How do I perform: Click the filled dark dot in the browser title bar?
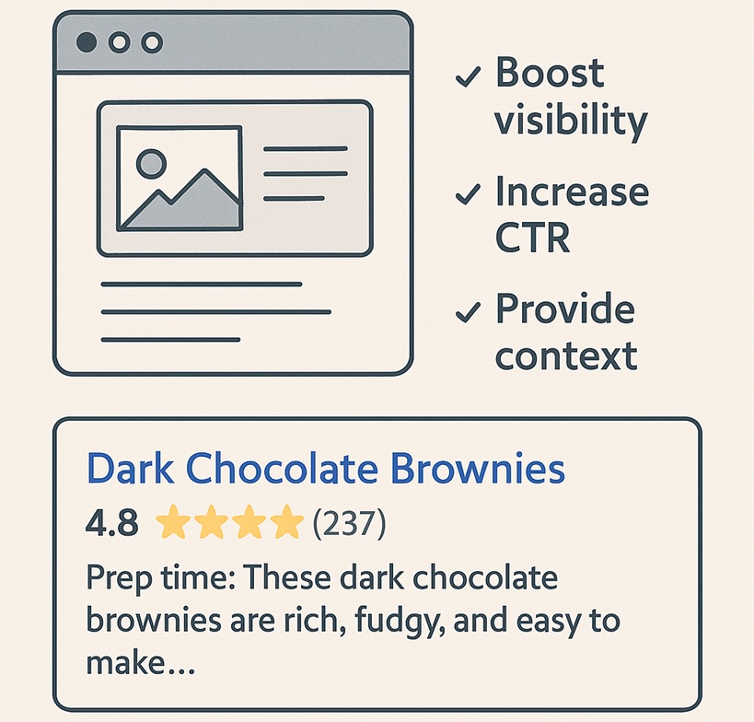pyautogui.click(x=87, y=42)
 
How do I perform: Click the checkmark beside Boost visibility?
pyautogui.click(x=468, y=77)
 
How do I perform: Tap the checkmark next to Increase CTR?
pyautogui.click(x=468, y=194)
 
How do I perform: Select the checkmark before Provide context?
pyautogui.click(x=468, y=312)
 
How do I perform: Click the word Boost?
pyautogui.click(x=550, y=72)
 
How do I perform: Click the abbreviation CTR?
pyautogui.click(x=532, y=238)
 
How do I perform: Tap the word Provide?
pyautogui.click(x=565, y=309)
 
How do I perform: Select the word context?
pyautogui.click(x=566, y=356)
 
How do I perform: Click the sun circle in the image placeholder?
pyautogui.click(x=152, y=163)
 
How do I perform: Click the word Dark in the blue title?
pyautogui.click(x=131, y=468)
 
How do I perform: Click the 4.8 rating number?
pyautogui.click(x=112, y=523)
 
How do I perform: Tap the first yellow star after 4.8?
pyautogui.click(x=173, y=522)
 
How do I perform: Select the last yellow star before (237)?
pyautogui.click(x=286, y=522)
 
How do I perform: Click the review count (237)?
pyautogui.click(x=349, y=523)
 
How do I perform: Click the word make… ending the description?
pyautogui.click(x=141, y=662)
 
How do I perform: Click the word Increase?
pyautogui.click(x=573, y=191)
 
